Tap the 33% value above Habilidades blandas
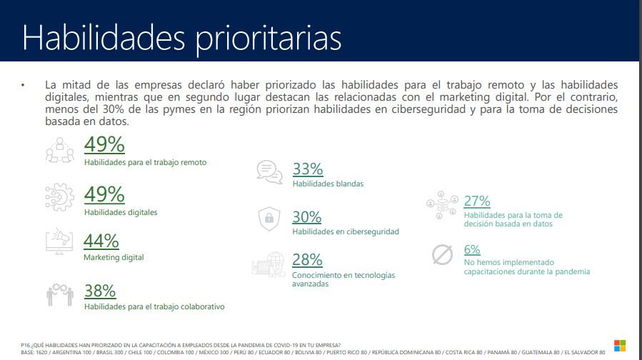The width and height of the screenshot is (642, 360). [308, 169]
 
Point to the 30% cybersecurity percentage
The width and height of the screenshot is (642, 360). [307, 217]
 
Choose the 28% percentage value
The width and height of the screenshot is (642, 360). [307, 259]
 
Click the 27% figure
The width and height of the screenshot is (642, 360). [477, 201]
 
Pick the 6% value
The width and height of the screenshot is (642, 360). [472, 249]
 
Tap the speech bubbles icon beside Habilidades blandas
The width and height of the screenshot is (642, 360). [267, 171]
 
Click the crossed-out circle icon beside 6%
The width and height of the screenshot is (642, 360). [443, 254]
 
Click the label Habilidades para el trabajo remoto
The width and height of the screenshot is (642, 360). [145, 163]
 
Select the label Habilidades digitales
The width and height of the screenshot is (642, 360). [121, 212]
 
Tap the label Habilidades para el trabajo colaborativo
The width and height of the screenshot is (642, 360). [154, 306]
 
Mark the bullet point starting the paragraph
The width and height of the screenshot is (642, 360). [23, 85]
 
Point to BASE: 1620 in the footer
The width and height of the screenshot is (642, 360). [38, 352]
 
